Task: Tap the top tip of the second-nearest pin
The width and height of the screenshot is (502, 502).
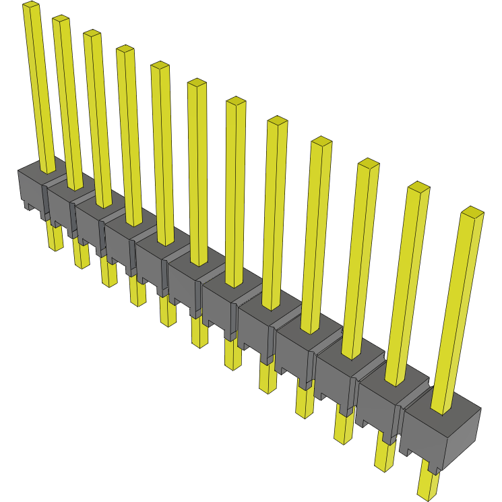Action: (418, 187)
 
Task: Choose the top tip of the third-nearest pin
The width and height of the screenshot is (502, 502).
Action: (368, 163)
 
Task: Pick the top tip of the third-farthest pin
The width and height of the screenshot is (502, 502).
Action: (92, 34)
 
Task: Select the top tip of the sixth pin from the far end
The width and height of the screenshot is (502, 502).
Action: (197, 83)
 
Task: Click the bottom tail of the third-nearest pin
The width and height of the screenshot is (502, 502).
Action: (343, 431)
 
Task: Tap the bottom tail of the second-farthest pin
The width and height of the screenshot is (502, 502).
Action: (81, 259)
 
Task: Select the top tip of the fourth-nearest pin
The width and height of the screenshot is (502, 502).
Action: (321, 141)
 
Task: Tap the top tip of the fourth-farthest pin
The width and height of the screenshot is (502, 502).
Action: (125, 49)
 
